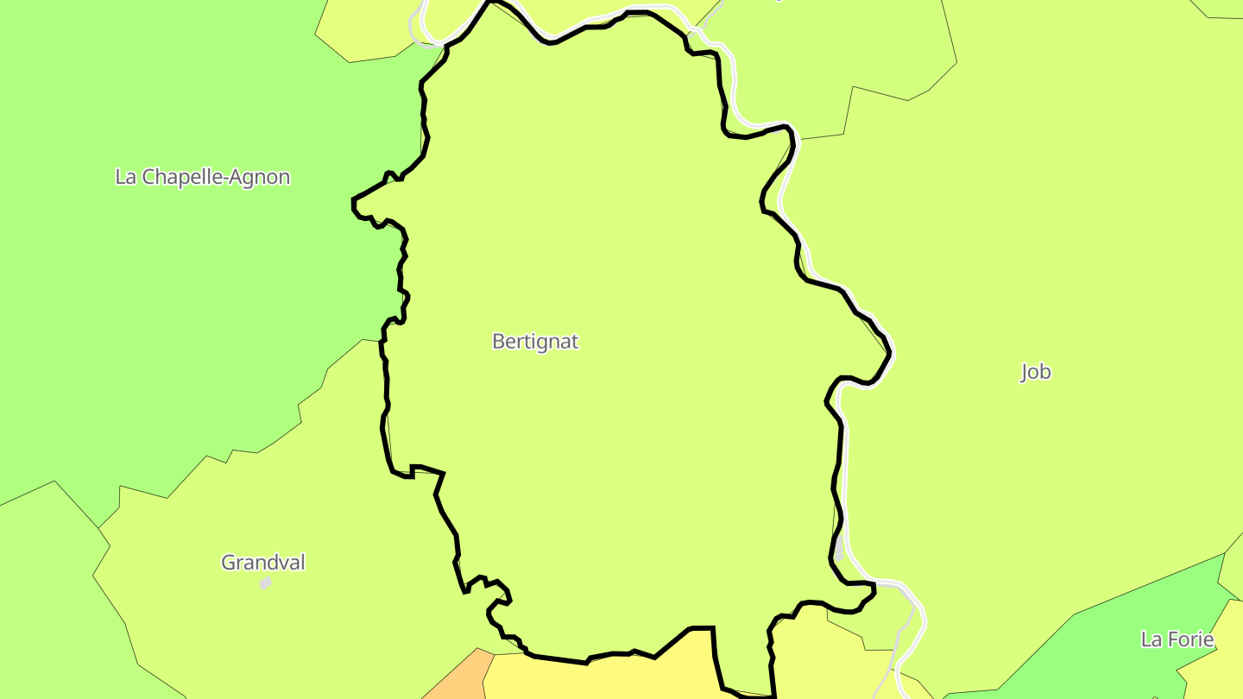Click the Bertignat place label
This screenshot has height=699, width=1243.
point(535,342)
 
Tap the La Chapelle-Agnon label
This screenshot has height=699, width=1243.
point(203,178)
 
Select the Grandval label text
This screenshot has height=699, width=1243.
point(263,563)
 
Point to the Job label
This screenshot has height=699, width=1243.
point(1036,372)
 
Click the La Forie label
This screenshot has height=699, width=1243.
point(1177,640)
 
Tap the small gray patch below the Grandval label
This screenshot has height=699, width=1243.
point(266,583)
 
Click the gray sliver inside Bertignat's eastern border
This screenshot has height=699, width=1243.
point(839,549)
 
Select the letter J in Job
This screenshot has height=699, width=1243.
point(1025,373)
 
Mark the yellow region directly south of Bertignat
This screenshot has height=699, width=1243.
point(604,677)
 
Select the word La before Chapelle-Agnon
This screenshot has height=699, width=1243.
point(125,178)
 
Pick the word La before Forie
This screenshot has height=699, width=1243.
point(1151,640)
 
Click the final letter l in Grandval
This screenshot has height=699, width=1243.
point(303,563)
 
